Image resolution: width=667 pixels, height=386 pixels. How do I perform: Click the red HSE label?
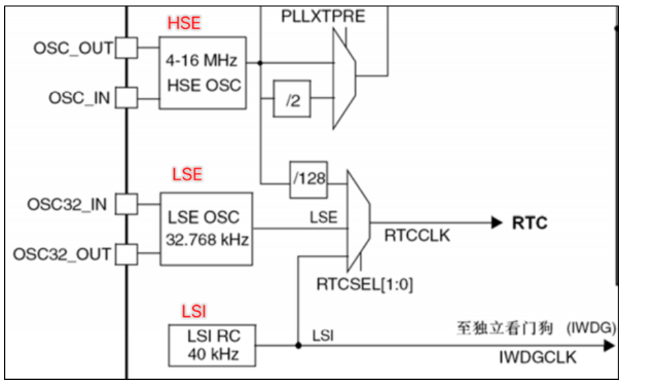[184, 23]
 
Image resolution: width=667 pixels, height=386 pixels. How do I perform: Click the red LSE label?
[187, 174]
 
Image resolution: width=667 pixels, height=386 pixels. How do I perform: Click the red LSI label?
[194, 311]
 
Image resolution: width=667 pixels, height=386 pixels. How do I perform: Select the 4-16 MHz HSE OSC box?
[203, 73]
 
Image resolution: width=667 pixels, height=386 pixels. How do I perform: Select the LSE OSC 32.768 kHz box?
[206, 228]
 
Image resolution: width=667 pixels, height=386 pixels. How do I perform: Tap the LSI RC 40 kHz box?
[212, 346]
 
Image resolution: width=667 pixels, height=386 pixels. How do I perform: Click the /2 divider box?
[293, 100]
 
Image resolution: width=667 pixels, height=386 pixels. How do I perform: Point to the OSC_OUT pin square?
[126, 48]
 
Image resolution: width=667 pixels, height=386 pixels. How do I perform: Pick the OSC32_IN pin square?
[126, 204]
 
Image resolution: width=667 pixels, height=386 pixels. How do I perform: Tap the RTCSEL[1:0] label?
[365, 282]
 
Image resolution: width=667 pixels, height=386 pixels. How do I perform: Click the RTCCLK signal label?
[417, 236]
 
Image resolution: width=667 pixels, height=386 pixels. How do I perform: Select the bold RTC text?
[530, 223]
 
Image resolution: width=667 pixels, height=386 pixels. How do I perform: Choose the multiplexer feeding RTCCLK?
[358, 221]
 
